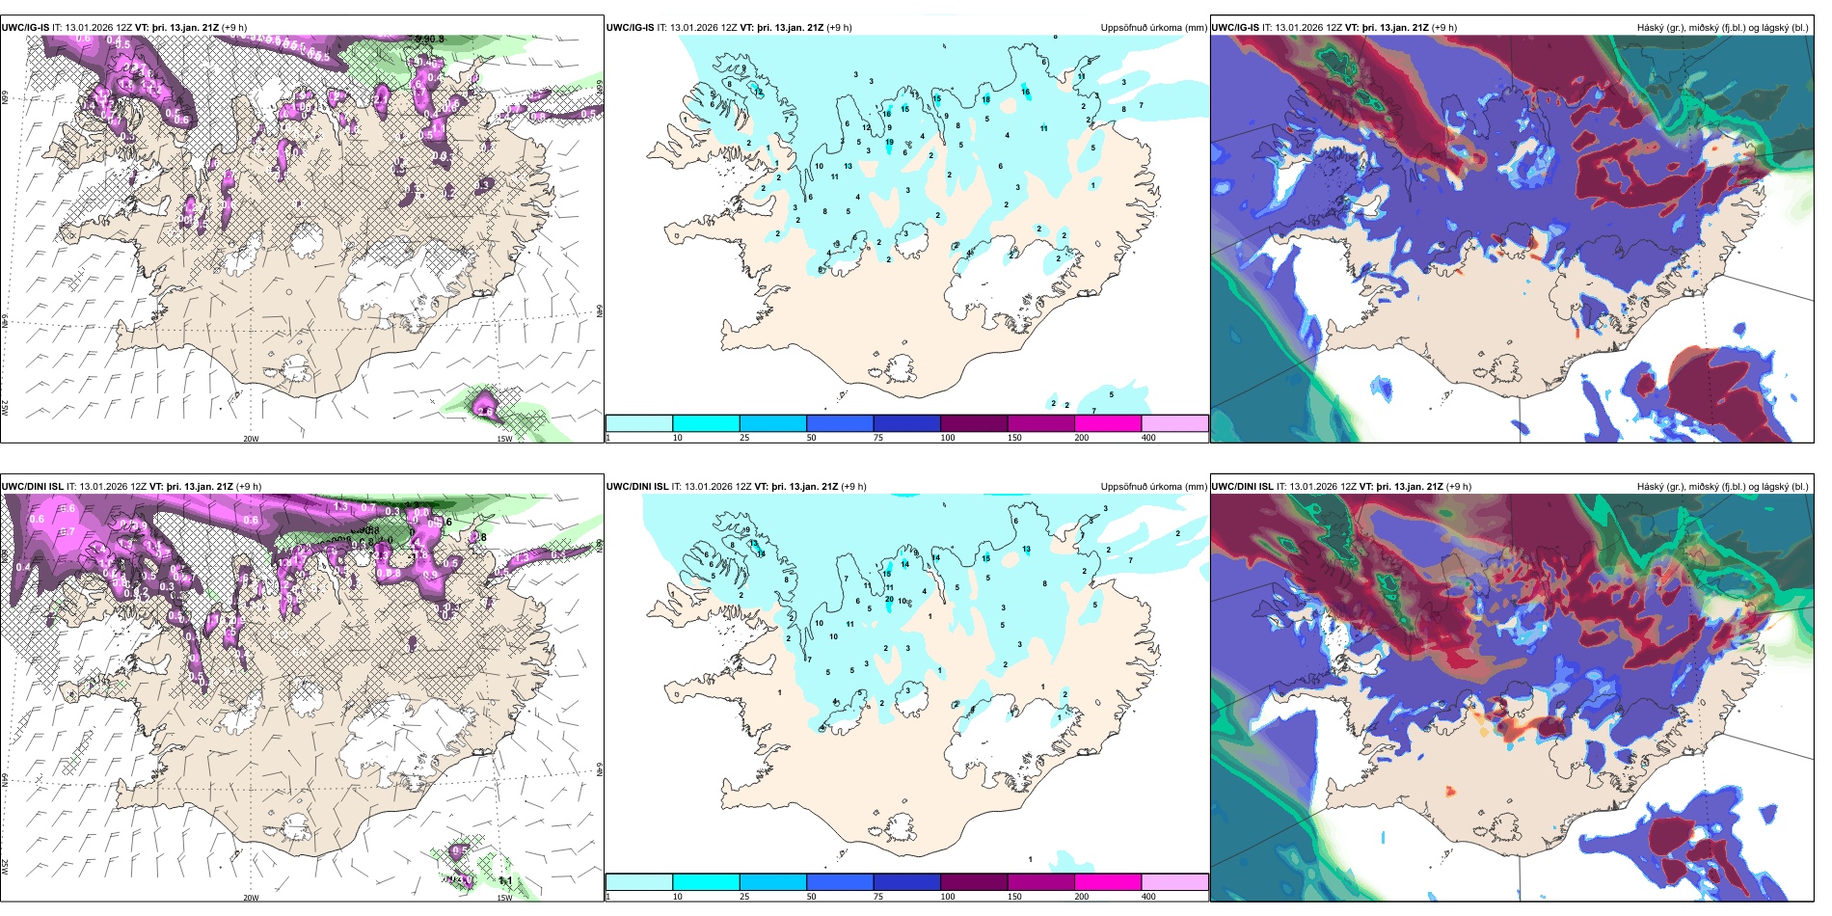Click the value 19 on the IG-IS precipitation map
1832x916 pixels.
889,142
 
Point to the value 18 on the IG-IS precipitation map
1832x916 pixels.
985,99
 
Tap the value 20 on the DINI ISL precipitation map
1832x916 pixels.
889,599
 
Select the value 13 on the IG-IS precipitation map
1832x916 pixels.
848,166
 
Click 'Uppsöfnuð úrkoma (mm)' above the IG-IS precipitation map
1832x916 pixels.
1153,28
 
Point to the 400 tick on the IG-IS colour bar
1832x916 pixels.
1148,438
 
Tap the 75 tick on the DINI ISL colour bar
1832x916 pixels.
878,896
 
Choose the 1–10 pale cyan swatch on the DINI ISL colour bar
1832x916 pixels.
639,881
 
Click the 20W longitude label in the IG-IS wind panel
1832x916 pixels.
251,439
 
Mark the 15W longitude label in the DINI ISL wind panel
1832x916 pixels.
503,898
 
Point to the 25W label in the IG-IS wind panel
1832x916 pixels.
6,408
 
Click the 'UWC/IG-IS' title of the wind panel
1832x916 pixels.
25,28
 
